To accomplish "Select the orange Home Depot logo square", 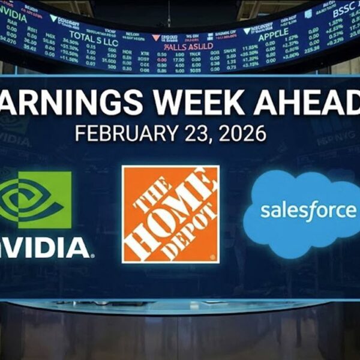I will coord(170,214).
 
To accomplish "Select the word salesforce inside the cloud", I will coord(308,211).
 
